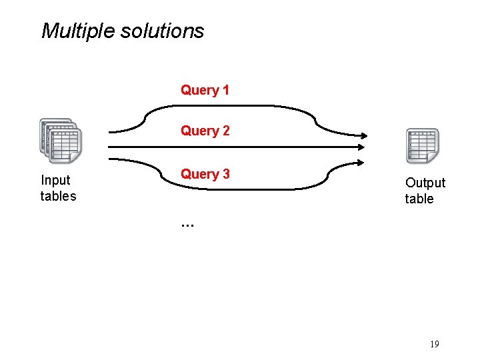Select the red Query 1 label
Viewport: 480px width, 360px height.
(205, 90)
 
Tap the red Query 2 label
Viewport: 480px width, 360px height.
(205, 131)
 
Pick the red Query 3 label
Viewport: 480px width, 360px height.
(205, 174)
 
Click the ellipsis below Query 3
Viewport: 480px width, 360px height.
(187, 225)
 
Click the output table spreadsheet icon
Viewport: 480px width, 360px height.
(423, 145)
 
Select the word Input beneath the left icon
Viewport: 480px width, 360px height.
(56, 180)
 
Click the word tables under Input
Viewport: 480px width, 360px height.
(59, 196)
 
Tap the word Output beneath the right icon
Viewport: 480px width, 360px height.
(425, 183)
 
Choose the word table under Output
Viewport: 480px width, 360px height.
(419, 199)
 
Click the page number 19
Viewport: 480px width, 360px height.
(435, 344)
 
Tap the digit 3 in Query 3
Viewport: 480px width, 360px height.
(226, 174)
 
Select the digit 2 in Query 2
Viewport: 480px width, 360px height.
(226, 131)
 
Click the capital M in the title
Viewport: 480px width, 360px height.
(49, 31)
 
